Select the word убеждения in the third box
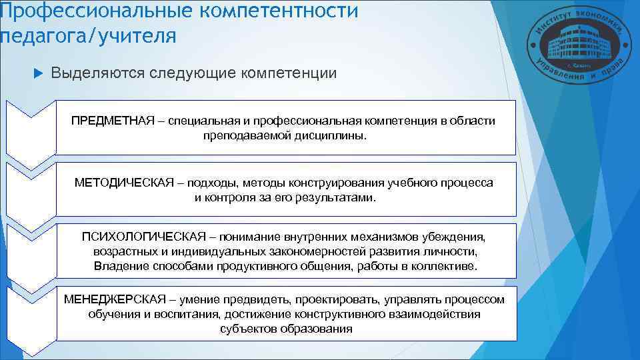coord(461,238)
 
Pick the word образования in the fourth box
coord(321,329)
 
